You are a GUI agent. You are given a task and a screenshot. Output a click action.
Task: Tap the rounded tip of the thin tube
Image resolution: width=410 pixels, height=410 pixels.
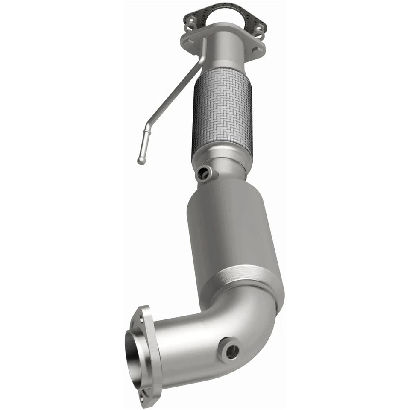[141, 161]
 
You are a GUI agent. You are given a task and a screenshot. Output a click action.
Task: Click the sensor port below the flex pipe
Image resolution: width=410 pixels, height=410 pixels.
[203, 173]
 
